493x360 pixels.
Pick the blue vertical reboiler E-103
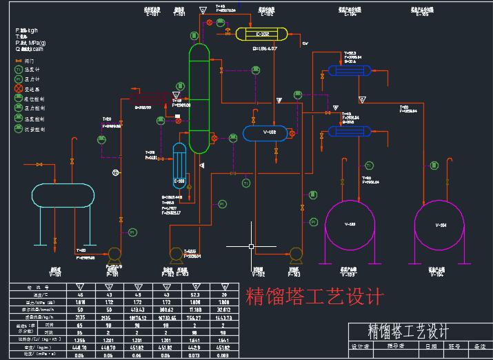pos(179,166)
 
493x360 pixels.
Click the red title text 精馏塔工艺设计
pos(314,297)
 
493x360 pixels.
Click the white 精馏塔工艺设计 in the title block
pos(409,332)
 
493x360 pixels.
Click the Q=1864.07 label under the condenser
pos(265,49)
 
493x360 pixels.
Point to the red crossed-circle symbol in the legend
pos(19,89)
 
